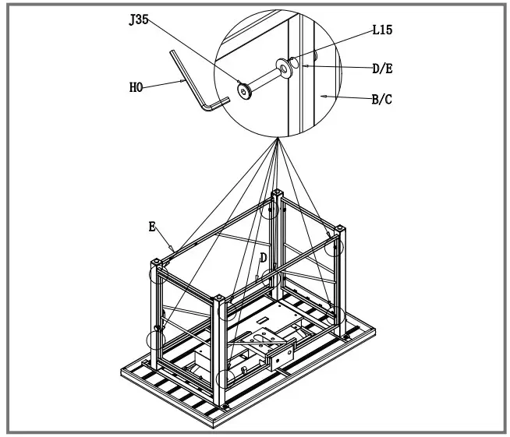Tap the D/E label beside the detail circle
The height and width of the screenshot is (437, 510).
[381, 69]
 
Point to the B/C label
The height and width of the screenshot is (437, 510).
[380, 99]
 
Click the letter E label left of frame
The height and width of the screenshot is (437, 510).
[152, 227]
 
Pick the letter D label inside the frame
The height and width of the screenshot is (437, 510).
[264, 257]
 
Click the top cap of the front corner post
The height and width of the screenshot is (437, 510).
[220, 298]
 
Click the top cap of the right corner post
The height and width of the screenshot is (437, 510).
[340, 227]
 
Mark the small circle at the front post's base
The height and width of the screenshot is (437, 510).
[225, 379]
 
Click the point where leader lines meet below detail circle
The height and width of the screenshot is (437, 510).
[278, 139]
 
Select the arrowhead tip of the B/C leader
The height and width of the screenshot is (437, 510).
[323, 96]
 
